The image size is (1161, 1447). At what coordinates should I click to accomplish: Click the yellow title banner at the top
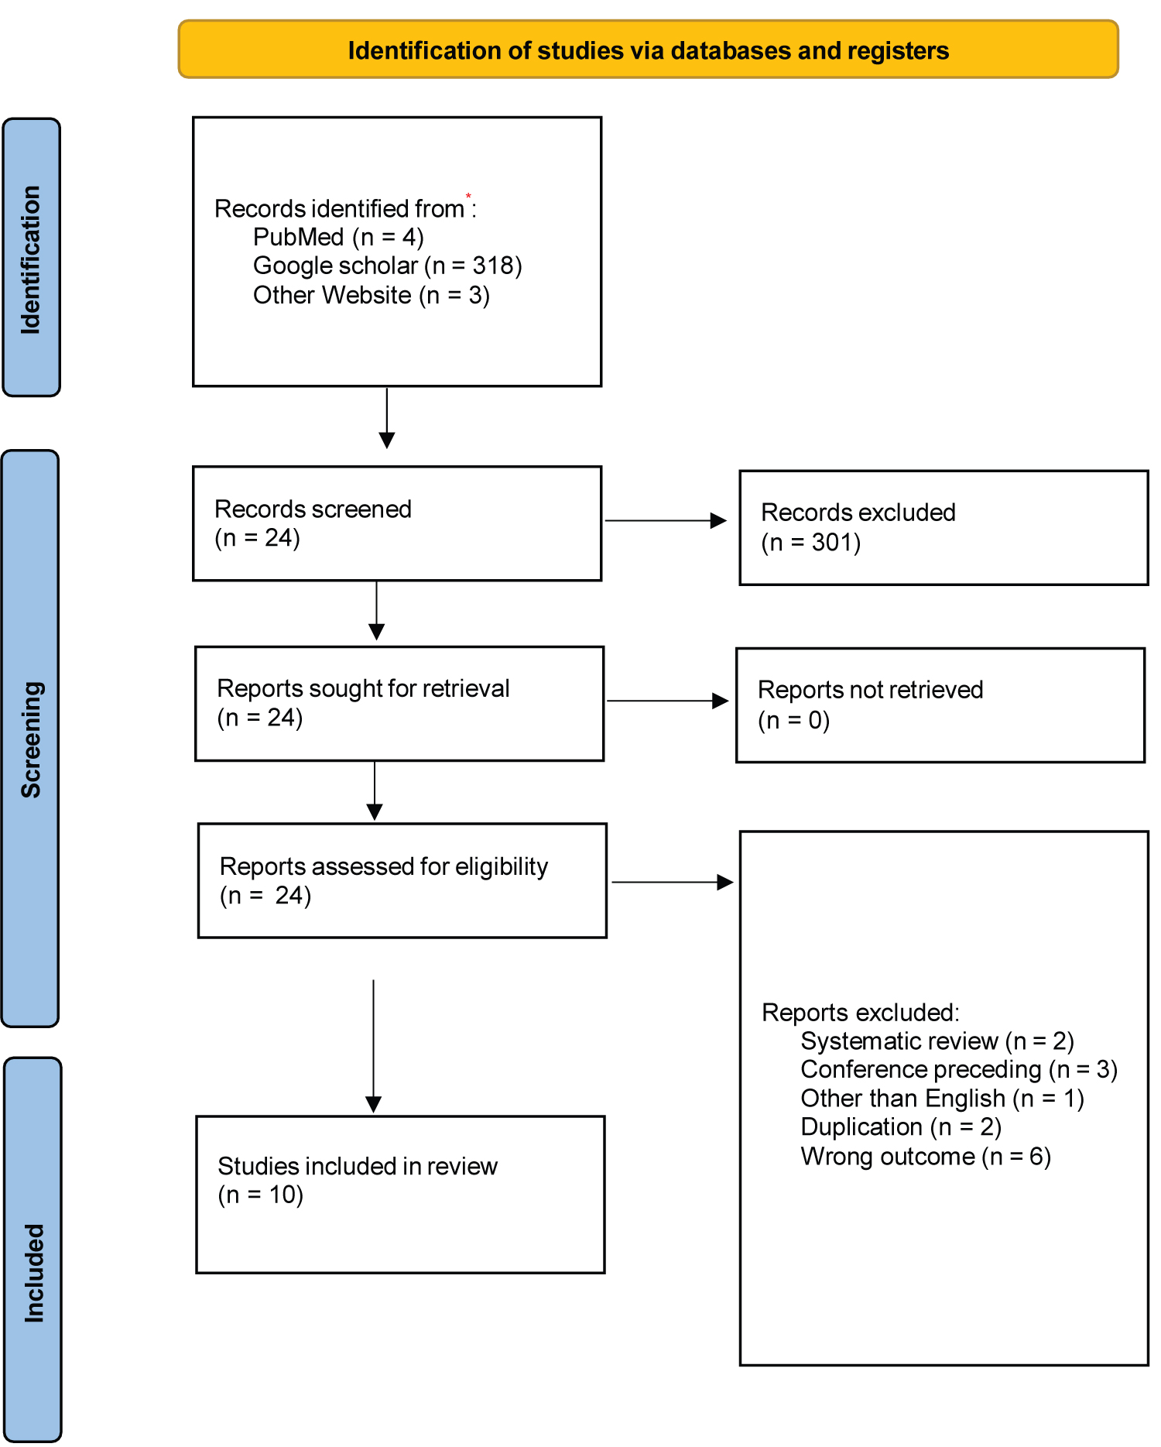click(x=648, y=50)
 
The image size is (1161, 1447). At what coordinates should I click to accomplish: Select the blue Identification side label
click(x=32, y=257)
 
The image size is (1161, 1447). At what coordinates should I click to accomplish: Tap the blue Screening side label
click(x=31, y=739)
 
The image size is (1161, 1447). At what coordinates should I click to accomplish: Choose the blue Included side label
click(x=33, y=1250)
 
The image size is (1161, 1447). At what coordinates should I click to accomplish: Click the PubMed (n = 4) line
click(x=338, y=237)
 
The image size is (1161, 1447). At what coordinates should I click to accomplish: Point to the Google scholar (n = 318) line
click(x=387, y=266)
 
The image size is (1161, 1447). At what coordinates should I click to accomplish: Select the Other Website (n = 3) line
click(x=372, y=295)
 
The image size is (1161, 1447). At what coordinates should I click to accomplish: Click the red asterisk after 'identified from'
click(x=468, y=196)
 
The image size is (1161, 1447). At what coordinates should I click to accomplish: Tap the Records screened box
click(x=397, y=523)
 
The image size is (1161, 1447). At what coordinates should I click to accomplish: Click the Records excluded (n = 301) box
click(x=944, y=527)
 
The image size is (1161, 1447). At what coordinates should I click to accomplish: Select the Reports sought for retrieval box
click(x=399, y=704)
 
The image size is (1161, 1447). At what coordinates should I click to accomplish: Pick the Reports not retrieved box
click(x=940, y=705)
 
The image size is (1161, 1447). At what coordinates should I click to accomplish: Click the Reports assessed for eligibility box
click(x=402, y=880)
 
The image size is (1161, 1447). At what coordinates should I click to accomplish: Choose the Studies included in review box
click(x=400, y=1195)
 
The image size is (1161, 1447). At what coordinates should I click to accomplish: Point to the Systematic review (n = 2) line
click(x=937, y=1041)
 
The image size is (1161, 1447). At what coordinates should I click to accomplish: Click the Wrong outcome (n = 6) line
click(x=926, y=1157)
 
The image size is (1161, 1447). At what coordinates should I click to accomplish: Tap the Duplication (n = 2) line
click(x=901, y=1127)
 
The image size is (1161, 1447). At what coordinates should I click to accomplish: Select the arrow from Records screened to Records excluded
click(x=666, y=520)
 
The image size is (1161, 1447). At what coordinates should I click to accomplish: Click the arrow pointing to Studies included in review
click(x=374, y=1046)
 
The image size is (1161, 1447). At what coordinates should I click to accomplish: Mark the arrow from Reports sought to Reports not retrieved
click(x=668, y=701)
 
